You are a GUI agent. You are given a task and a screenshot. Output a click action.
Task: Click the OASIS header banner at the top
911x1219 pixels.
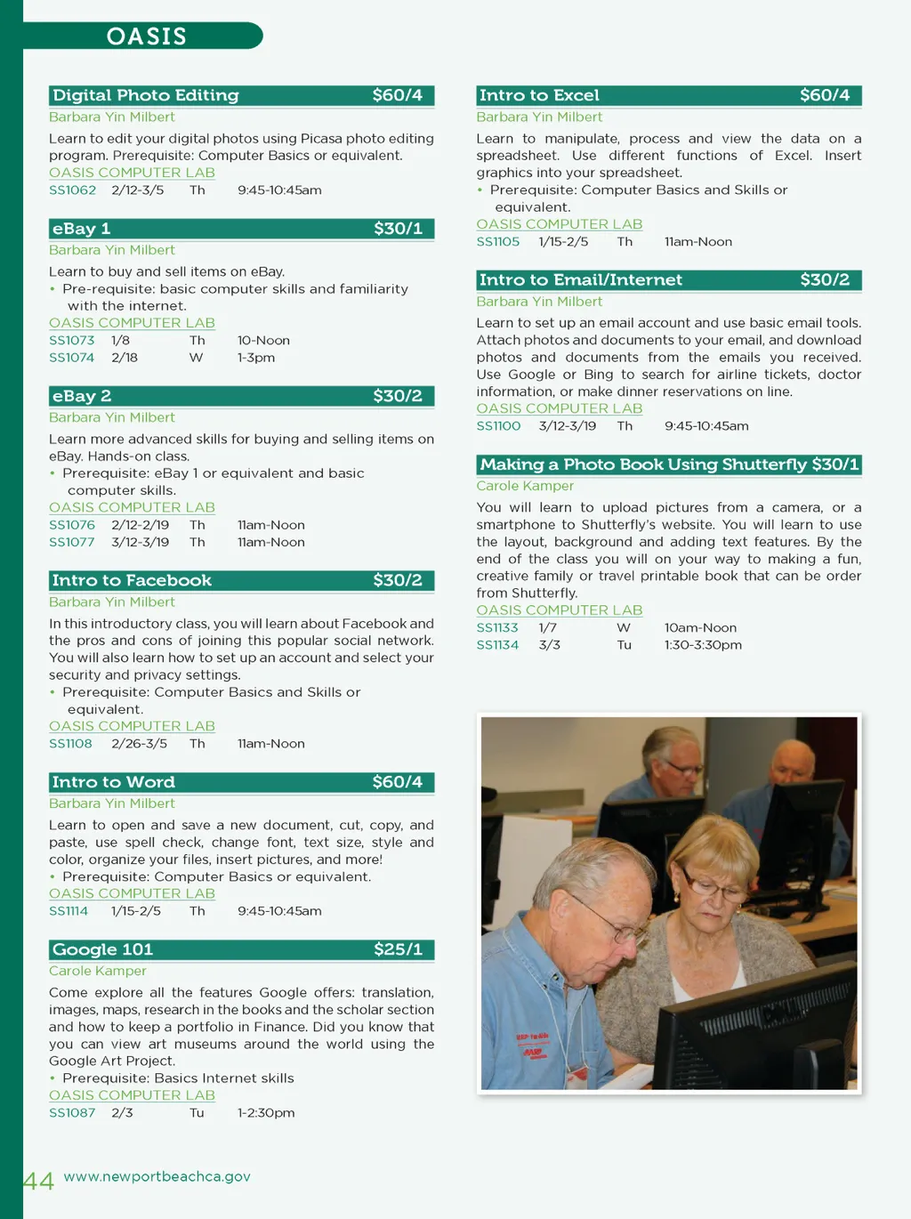[147, 36]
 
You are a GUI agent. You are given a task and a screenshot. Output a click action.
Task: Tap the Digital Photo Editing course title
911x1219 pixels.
[146, 95]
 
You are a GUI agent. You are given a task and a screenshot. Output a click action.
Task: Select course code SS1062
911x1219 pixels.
[72, 190]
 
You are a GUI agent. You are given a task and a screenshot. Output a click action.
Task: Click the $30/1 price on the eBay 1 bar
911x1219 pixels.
[398, 229]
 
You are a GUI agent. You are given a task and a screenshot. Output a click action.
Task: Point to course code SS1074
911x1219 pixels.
[71, 358]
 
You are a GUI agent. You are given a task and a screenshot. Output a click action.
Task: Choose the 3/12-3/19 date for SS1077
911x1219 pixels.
[140, 543]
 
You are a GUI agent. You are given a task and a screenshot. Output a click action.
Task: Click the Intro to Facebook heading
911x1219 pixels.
[132, 581]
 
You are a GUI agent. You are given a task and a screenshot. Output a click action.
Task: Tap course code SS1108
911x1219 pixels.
[70, 744]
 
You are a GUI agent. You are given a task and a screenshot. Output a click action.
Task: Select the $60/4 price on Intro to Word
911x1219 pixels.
[397, 782]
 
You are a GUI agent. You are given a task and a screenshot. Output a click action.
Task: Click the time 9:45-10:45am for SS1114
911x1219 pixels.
[279, 911]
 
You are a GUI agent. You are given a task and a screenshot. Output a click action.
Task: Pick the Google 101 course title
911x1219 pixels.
[102, 949]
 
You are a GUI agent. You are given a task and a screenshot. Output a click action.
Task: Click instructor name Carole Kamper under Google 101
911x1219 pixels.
[97, 971]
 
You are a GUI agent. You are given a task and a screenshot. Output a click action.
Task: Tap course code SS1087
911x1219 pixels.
[72, 1113]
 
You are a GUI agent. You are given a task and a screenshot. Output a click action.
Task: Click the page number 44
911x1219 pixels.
[38, 1181]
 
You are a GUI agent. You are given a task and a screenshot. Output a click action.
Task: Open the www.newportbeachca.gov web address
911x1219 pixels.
[157, 1176]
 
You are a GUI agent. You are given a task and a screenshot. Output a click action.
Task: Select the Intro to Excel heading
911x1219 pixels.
[539, 95]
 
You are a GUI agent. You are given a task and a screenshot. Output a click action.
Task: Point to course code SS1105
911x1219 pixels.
[497, 242]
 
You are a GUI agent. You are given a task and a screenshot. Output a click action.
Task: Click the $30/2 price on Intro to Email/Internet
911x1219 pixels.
[825, 280]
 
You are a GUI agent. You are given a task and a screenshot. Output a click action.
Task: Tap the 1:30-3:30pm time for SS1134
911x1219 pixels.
[703, 645]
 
